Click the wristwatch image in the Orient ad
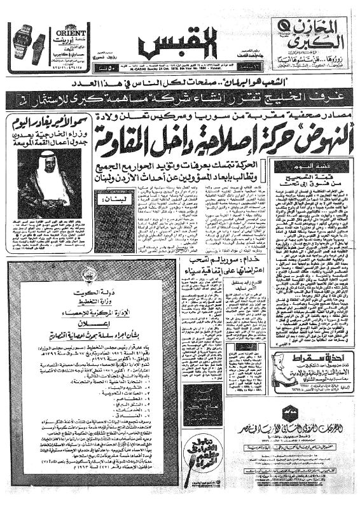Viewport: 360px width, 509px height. [x=26, y=41]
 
